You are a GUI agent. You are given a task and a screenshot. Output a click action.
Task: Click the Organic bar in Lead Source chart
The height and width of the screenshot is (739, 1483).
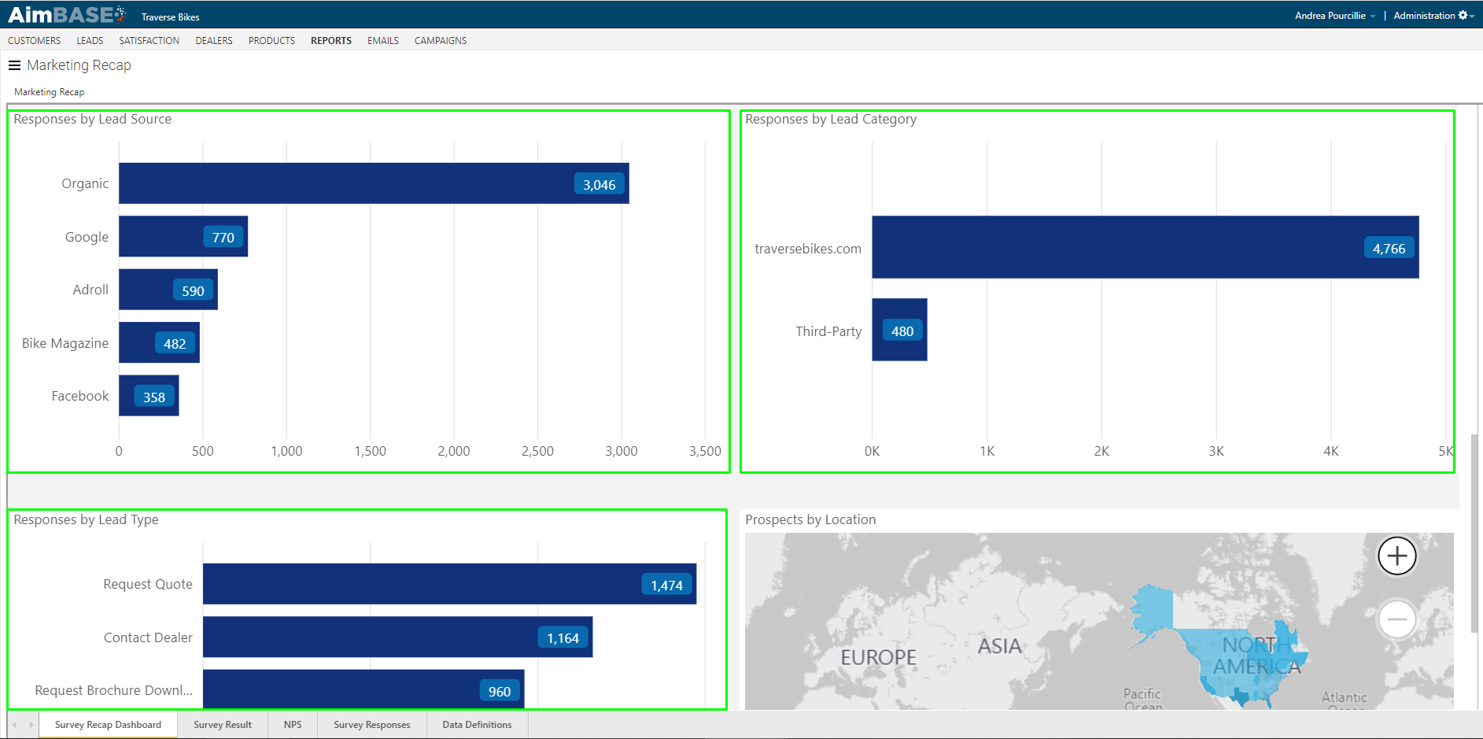tap(346, 183)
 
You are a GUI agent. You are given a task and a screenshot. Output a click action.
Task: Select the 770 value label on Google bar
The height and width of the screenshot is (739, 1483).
tap(223, 238)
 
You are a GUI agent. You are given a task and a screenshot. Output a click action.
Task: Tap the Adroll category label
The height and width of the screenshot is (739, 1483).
tap(90, 290)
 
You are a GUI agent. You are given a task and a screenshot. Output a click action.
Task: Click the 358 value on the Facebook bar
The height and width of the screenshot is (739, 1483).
tap(154, 397)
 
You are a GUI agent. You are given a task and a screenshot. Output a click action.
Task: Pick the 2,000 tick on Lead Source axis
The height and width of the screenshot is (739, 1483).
tap(454, 451)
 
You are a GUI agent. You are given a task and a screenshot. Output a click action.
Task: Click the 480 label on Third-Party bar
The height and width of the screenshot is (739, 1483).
tap(902, 331)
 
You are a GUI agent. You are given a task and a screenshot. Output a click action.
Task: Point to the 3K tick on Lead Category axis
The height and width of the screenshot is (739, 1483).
tap(1216, 451)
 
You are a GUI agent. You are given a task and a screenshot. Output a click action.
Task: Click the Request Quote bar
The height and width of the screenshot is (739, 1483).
tap(425, 584)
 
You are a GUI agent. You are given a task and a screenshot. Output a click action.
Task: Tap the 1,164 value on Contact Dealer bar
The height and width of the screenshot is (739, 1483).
tap(563, 638)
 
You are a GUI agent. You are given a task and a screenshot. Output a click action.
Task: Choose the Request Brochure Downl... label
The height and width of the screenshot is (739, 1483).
tap(114, 690)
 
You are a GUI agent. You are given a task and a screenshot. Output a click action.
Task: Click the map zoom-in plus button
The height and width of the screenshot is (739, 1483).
tap(1397, 556)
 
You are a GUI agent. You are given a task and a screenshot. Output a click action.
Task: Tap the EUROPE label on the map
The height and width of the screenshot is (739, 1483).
tap(879, 657)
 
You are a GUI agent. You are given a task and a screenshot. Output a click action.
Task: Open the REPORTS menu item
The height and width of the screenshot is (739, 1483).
tap(331, 40)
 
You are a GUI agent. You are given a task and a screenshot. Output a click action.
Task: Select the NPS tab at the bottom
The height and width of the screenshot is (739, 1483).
tap(293, 725)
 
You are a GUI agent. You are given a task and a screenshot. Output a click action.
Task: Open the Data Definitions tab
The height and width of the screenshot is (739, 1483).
tap(477, 725)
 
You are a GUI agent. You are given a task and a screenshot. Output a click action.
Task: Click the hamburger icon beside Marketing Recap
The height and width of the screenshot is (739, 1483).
tap(14, 65)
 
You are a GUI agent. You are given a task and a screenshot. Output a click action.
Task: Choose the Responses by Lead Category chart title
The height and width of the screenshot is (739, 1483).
tap(831, 119)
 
